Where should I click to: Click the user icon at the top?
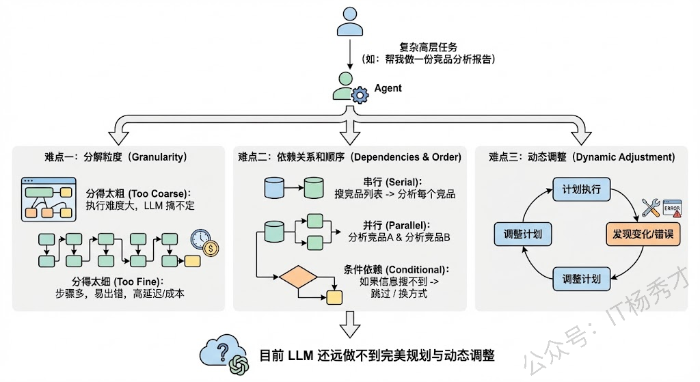point(349,21)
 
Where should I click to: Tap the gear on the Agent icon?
point(359,96)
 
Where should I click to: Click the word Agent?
point(388,88)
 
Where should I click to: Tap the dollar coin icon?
point(211,248)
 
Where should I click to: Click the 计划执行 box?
point(581,189)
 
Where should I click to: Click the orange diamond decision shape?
point(298,278)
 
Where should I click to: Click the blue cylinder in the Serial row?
point(273,187)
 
